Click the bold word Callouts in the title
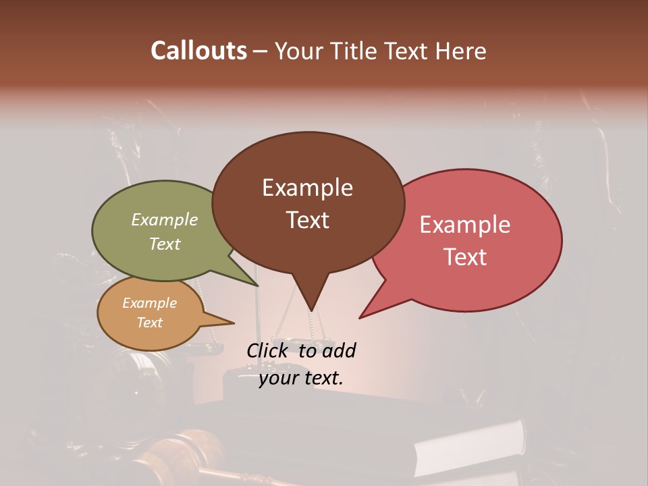point(198,51)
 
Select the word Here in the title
point(460,51)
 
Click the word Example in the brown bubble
point(307,188)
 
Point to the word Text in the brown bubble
point(307,220)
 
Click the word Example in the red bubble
point(465,225)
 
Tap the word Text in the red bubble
point(465,257)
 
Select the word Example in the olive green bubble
point(165,220)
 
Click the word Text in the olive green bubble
point(165,244)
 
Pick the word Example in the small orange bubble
point(149,303)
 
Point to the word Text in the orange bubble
point(149,323)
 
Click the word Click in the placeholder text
point(269,350)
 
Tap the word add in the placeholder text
point(339,350)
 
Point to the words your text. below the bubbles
point(300,378)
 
